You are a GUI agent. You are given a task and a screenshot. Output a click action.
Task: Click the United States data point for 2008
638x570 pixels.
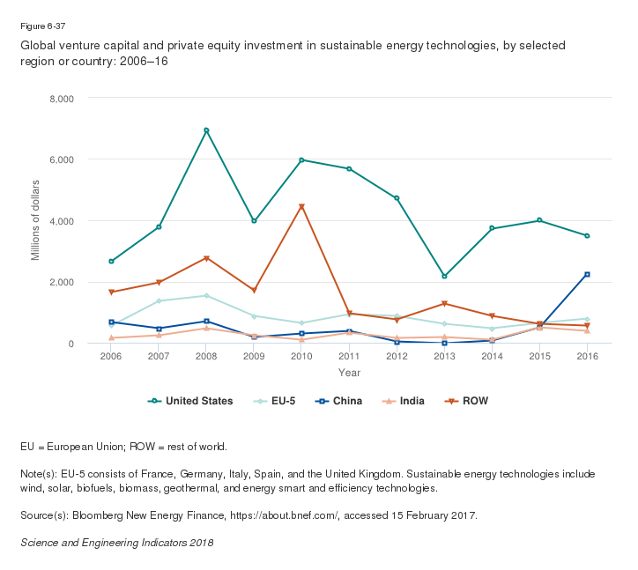(206, 130)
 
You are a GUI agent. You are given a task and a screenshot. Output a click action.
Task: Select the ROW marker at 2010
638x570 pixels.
(301, 207)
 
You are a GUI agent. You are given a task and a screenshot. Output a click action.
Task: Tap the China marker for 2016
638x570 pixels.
(587, 274)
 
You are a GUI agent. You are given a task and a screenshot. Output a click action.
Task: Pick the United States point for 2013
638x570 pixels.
(444, 277)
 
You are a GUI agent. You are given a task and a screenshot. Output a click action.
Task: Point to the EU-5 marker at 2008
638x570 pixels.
(206, 296)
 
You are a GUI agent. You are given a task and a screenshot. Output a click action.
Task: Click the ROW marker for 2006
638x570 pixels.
(111, 292)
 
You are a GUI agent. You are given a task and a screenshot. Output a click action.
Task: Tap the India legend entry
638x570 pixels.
(404, 401)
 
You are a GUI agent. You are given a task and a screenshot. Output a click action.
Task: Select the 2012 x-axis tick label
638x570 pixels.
(397, 356)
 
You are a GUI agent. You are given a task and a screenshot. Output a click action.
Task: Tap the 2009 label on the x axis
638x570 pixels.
(254, 356)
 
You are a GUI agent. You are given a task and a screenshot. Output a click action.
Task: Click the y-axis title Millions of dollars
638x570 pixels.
(36, 220)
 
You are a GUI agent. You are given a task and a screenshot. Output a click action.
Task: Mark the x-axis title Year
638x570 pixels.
(349, 374)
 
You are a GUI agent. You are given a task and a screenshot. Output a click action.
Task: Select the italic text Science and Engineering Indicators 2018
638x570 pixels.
(116, 543)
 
